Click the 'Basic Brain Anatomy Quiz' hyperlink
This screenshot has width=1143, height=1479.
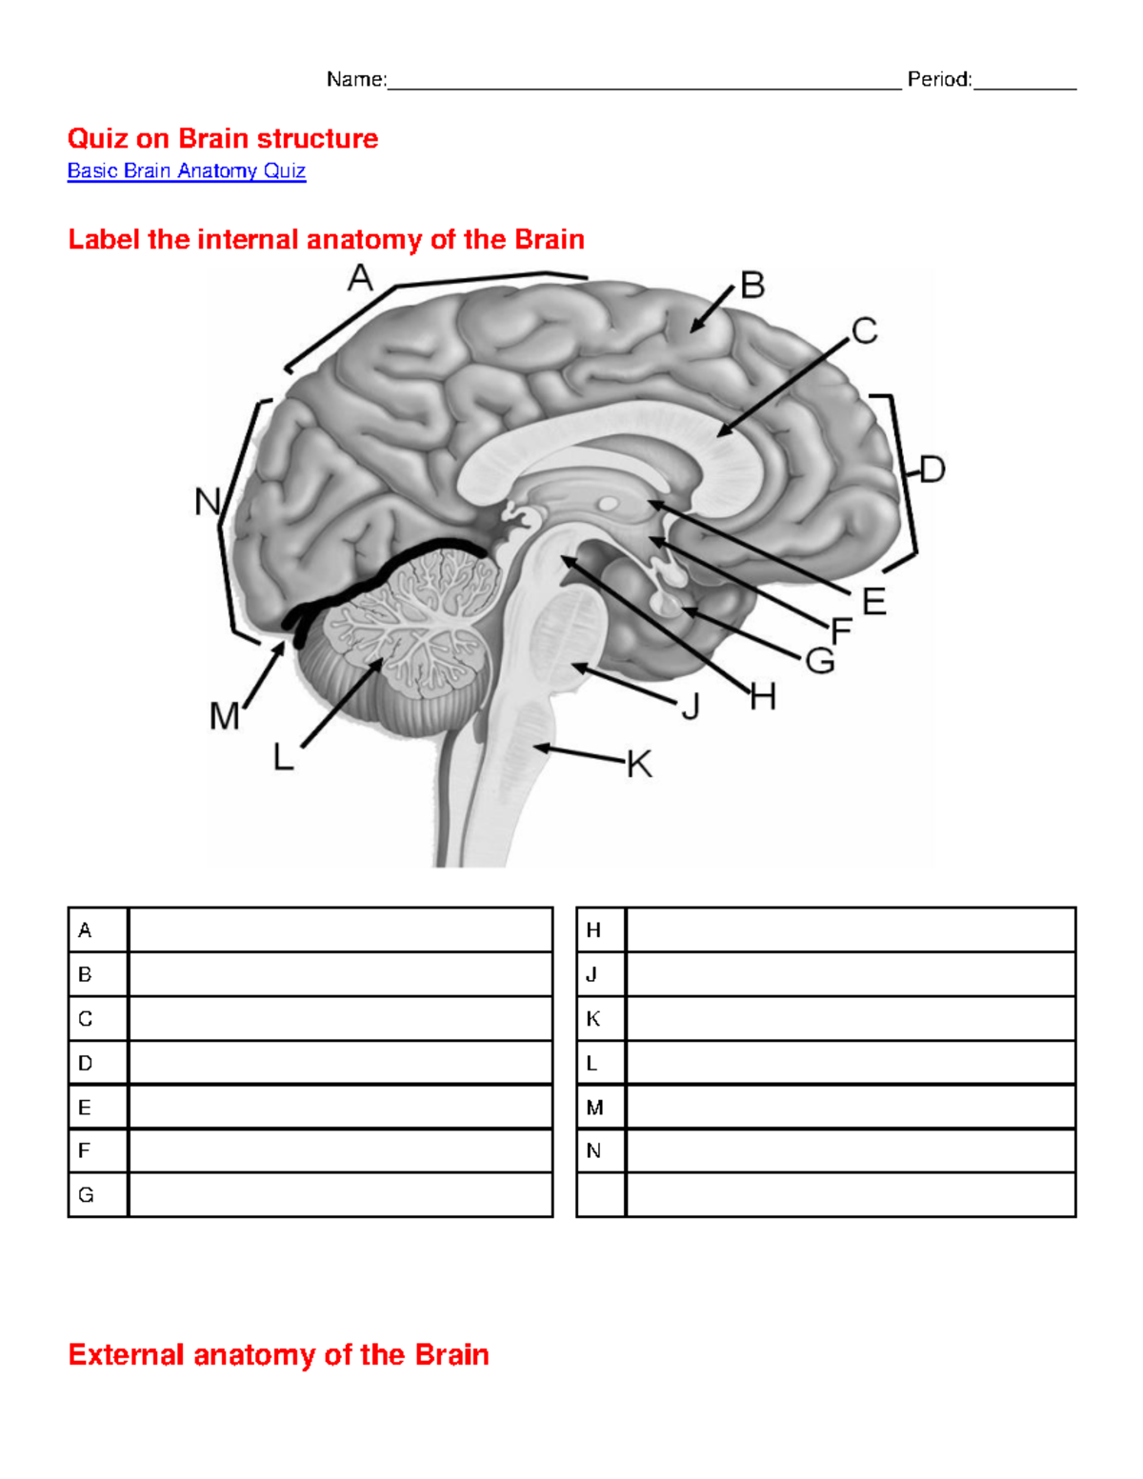[186, 171]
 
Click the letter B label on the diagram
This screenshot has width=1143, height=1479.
[752, 286]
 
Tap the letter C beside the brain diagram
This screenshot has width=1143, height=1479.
[864, 331]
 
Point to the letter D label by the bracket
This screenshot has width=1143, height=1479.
[932, 470]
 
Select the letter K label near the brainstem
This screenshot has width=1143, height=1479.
[639, 764]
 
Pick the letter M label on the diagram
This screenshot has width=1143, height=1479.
[225, 716]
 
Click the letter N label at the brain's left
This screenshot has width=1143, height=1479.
[207, 502]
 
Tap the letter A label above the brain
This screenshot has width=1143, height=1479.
[360, 279]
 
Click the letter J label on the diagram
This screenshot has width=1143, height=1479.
[691, 707]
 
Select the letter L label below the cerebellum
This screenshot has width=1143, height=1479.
[283, 758]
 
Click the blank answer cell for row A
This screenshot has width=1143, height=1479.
[340, 929]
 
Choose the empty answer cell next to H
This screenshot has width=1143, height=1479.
[850, 929]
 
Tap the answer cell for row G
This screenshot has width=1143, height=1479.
[340, 1194]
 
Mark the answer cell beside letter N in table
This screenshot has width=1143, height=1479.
[850, 1150]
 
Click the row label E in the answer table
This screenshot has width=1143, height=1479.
[85, 1108]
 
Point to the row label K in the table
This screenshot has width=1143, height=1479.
[593, 1019]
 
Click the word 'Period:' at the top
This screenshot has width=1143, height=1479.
[939, 79]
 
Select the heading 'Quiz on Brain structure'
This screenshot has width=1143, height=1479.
[223, 139]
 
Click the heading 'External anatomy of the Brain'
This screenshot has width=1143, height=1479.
[278, 1354]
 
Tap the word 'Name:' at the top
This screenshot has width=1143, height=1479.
[356, 79]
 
